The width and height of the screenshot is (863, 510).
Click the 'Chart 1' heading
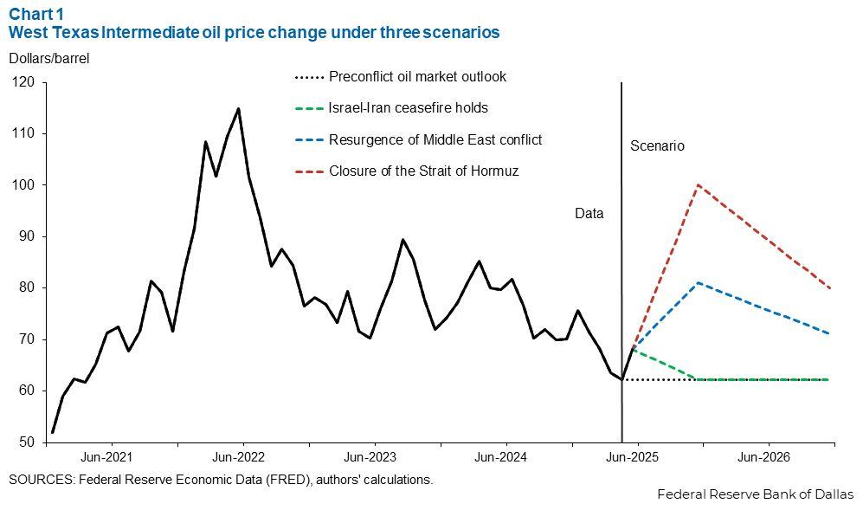coord(37,14)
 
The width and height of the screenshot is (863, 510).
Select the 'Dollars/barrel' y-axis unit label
coord(49,59)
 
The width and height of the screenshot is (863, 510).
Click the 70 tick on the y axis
coord(26,339)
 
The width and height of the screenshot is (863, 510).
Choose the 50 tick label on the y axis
coord(26,442)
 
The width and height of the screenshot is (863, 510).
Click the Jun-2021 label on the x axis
coord(106,456)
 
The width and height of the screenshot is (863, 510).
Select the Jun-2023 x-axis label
coord(370,456)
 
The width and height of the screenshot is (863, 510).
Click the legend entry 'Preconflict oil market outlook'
coord(417,76)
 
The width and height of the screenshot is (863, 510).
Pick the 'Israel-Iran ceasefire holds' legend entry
coord(408,108)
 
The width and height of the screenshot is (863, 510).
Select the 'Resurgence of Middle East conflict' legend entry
coord(435,139)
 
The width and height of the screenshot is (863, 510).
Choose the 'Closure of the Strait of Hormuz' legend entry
coord(423,171)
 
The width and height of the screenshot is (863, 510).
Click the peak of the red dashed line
coord(698,184)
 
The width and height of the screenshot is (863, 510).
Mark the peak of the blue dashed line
coord(698,282)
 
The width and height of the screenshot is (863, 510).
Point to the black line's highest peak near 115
coord(238,108)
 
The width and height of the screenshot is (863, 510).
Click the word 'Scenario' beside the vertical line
coord(656,146)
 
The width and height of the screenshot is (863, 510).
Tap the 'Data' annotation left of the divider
coord(589,213)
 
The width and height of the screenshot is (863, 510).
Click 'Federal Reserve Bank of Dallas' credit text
coord(755,494)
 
